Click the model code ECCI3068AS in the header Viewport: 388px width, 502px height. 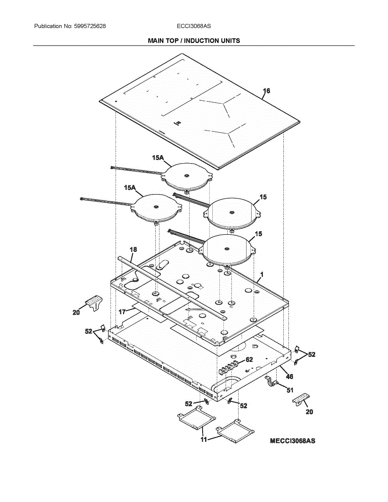tap(194, 26)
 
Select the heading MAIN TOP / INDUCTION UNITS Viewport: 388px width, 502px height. tap(194, 41)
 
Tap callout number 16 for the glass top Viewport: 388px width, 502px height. tap(267, 91)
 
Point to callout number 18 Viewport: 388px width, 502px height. tap(133, 250)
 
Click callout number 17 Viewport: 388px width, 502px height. tap(122, 312)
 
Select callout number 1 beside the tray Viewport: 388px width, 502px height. tap(261, 274)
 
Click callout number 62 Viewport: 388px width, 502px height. tap(249, 359)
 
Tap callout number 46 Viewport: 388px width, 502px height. tap(290, 376)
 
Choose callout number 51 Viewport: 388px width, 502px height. tap(290, 390)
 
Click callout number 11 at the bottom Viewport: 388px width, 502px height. tap(204, 440)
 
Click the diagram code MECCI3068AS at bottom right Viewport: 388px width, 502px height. tap(293, 441)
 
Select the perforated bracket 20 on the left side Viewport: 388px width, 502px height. tap(95, 302)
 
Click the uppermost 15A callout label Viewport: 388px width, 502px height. tap(158, 158)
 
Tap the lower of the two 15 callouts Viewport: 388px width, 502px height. tap(259, 234)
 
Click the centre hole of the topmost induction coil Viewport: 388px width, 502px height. tap(185, 173)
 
